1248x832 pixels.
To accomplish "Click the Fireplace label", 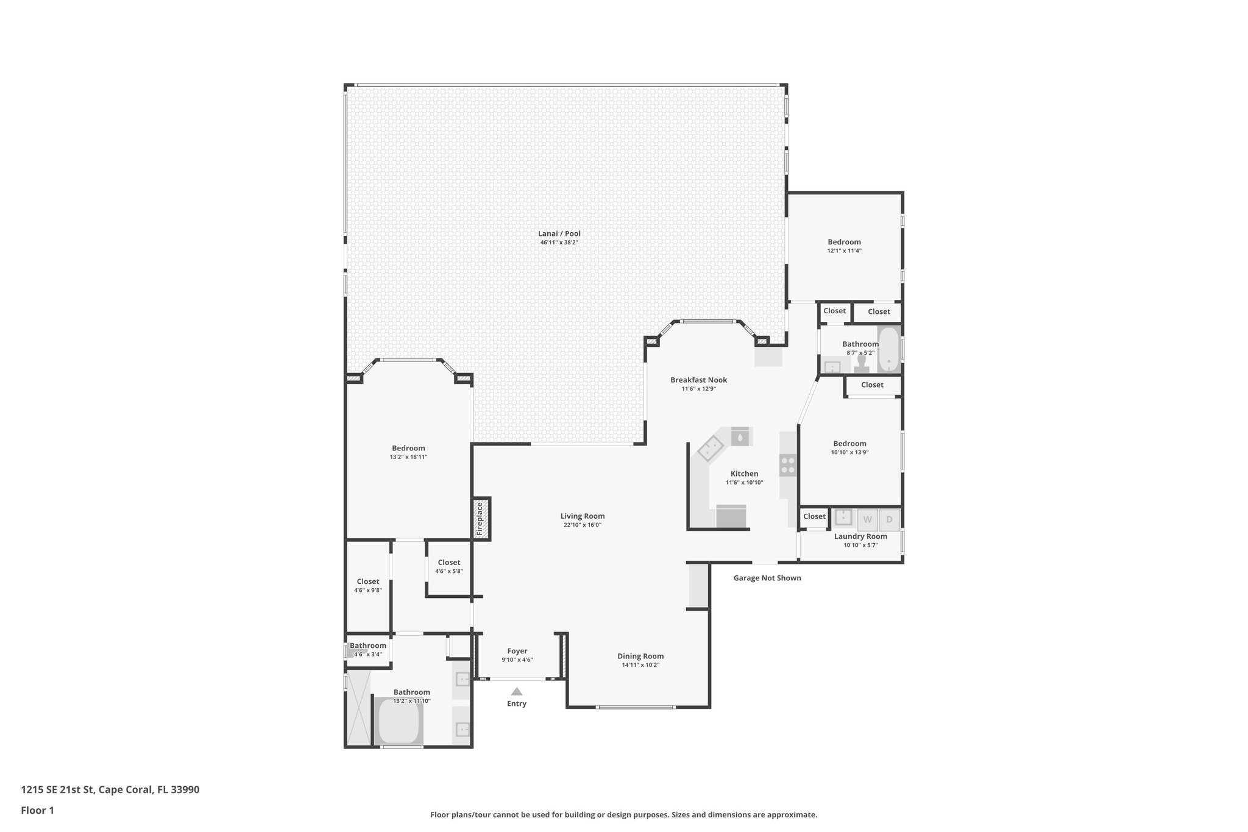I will (x=480, y=519).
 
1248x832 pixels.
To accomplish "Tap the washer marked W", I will (x=867, y=520).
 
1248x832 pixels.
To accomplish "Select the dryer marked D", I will (x=889, y=520).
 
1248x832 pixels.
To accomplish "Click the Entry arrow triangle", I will (x=517, y=691).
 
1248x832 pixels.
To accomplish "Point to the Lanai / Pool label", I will (x=559, y=233).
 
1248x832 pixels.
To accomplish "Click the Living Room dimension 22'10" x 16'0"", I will (x=582, y=525).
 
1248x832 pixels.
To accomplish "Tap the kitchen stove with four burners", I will (x=788, y=465).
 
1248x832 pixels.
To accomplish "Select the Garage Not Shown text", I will (x=767, y=578).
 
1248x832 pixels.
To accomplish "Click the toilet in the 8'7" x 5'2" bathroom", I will (x=861, y=364).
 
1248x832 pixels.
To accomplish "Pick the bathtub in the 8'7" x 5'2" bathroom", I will (x=889, y=349).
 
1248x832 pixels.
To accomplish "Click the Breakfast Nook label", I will (x=698, y=380).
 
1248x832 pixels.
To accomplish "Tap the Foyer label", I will (x=517, y=651).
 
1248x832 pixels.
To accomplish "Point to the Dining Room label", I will (x=640, y=656).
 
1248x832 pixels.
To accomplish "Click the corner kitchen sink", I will (x=710, y=449).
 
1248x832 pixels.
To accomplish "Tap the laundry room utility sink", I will (x=843, y=517).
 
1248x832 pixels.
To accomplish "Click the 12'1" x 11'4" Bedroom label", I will (x=844, y=242).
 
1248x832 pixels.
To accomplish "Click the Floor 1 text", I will (x=37, y=811).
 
